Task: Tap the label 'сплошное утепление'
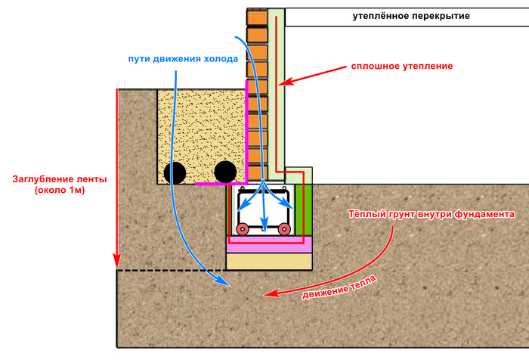[402, 67]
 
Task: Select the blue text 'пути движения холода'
[184, 58]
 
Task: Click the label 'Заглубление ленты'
[60, 179]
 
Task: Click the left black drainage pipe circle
[177, 172]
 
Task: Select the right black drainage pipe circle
[225, 172]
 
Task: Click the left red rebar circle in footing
[243, 228]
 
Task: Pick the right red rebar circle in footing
[284, 228]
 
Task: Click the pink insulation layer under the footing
[271, 245]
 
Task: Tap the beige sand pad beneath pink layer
[271, 261]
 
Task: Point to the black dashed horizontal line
[172, 270]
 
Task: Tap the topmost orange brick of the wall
[257, 17]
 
